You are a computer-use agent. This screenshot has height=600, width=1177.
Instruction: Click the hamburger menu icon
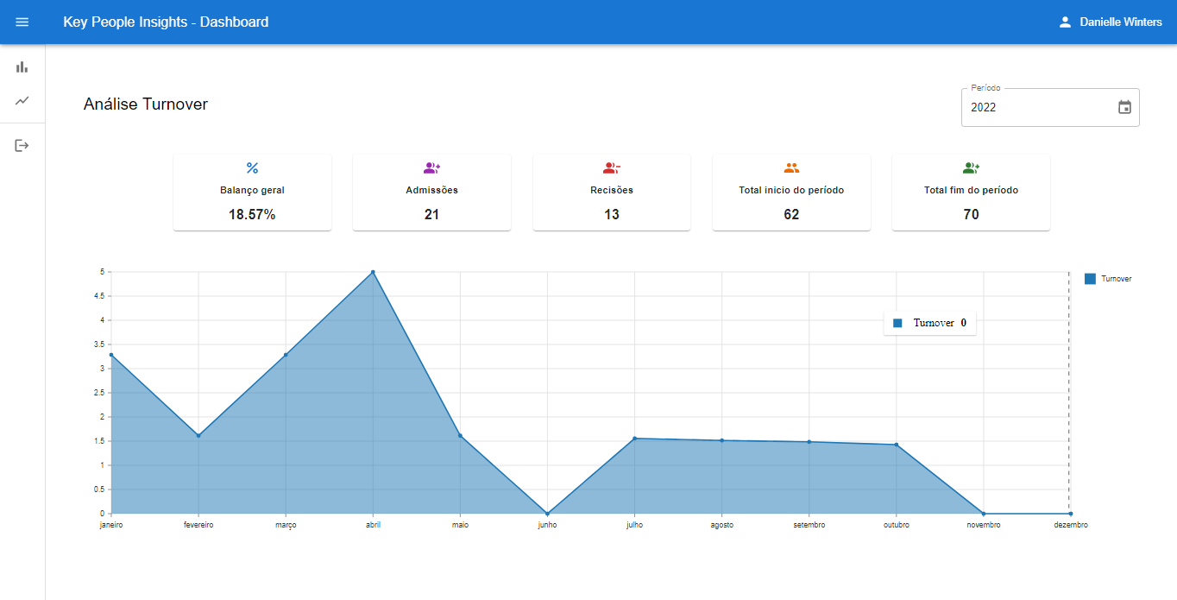click(22, 22)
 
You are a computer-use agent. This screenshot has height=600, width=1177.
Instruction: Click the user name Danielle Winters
click(1120, 22)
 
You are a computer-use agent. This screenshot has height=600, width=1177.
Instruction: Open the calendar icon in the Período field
click(1124, 107)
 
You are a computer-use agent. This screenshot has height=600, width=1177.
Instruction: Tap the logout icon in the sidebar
click(22, 146)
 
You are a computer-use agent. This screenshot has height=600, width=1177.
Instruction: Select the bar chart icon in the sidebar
click(22, 66)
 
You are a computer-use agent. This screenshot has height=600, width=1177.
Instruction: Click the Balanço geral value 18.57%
click(252, 214)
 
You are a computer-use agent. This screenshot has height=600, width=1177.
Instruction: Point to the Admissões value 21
click(431, 214)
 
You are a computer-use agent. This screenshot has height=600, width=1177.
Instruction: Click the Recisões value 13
click(612, 214)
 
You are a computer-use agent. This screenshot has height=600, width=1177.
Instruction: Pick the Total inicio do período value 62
click(791, 214)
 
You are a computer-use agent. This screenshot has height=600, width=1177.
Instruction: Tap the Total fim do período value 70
click(971, 214)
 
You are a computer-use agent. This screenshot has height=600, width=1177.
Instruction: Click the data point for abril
click(373, 272)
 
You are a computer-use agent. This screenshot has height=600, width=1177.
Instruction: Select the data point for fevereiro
click(198, 436)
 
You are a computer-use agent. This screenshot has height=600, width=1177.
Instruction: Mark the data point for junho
click(547, 514)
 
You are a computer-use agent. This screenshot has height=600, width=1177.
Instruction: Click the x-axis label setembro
click(809, 525)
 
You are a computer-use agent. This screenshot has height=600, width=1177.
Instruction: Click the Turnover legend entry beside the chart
click(1108, 279)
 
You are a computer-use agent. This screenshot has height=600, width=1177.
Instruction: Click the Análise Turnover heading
click(146, 104)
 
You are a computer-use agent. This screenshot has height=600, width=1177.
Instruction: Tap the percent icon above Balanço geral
click(252, 167)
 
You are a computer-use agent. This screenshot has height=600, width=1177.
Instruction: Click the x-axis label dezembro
click(1070, 525)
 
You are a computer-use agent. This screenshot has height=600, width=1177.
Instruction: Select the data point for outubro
click(897, 445)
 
